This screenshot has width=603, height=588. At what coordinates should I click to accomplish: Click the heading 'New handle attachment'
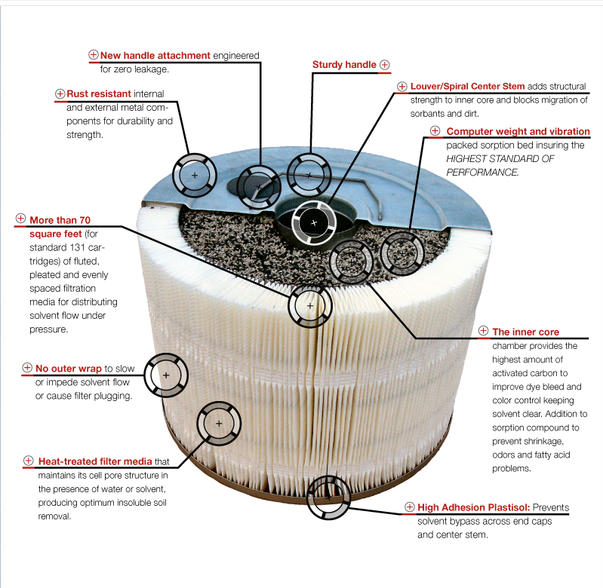[145, 56]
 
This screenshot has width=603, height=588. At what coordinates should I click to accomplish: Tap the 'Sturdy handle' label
[344, 65]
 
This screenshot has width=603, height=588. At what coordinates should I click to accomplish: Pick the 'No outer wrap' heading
[69, 369]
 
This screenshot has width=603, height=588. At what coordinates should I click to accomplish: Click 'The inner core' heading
[525, 332]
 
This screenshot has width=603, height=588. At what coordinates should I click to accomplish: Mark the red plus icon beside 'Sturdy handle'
[384, 65]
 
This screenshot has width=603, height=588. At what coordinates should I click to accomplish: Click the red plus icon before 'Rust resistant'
[60, 94]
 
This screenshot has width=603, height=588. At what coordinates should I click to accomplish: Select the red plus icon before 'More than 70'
[20, 220]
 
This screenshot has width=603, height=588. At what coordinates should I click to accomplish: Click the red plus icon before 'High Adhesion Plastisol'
[410, 507]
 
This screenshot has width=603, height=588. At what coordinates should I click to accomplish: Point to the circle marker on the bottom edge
[329, 497]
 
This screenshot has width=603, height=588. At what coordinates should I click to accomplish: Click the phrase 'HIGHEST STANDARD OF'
[500, 158]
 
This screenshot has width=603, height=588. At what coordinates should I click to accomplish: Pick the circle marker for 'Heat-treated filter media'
[219, 424]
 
